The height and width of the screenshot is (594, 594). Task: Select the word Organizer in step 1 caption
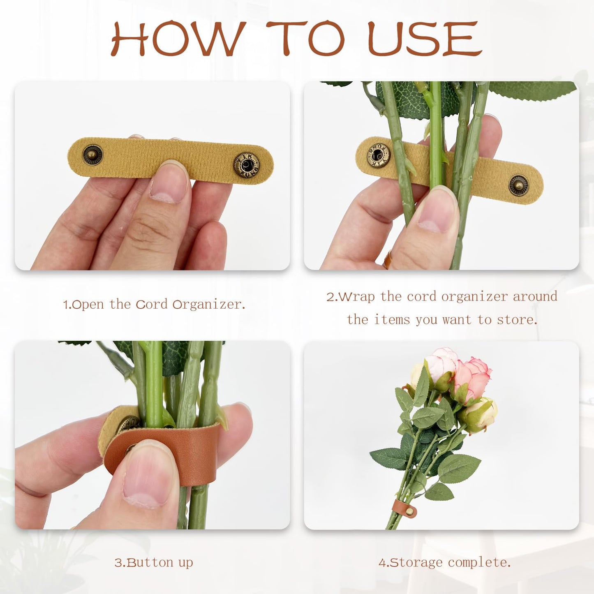click(209, 305)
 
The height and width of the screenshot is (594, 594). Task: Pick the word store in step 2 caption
click(517, 320)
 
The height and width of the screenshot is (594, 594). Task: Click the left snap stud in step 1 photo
click(92, 155)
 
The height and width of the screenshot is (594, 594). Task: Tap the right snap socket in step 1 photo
click(247, 165)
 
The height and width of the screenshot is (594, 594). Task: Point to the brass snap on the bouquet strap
click(410, 511)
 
